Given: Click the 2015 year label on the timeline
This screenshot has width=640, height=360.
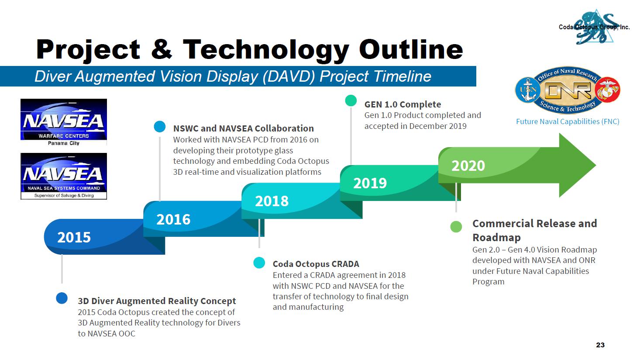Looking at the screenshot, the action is (x=74, y=237).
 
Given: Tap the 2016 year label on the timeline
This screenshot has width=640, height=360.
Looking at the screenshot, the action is (x=173, y=220).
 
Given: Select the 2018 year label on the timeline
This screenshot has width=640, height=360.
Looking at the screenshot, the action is (x=272, y=201).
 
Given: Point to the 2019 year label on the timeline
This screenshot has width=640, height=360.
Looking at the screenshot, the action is (x=370, y=183).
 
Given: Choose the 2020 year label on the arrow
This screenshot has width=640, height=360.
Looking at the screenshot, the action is (x=468, y=166).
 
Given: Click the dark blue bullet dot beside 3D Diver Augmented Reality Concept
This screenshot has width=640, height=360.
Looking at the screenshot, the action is (x=62, y=298).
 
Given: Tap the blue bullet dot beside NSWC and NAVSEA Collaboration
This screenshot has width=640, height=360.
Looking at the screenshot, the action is (x=160, y=126).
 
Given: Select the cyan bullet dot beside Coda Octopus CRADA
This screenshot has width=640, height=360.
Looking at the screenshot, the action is (x=259, y=263).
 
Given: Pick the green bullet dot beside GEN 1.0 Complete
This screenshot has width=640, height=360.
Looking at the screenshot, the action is (x=351, y=100).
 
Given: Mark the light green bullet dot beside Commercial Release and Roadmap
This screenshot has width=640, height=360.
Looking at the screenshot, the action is (x=456, y=226).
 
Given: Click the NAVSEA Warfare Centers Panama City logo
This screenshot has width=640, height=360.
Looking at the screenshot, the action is (x=64, y=122).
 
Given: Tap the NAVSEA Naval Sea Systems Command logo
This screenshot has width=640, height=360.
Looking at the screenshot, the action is (x=64, y=176).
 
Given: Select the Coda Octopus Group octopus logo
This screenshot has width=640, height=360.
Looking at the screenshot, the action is (x=594, y=27).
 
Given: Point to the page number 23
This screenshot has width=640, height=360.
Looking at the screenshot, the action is (x=600, y=345).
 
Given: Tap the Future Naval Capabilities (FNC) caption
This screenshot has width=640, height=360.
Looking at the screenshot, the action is (x=568, y=121).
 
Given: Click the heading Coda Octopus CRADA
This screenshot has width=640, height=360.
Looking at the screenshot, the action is (x=316, y=264).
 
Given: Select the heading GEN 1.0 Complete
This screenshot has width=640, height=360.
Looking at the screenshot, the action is (x=403, y=105).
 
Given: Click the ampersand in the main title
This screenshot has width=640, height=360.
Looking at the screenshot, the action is (x=162, y=49).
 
